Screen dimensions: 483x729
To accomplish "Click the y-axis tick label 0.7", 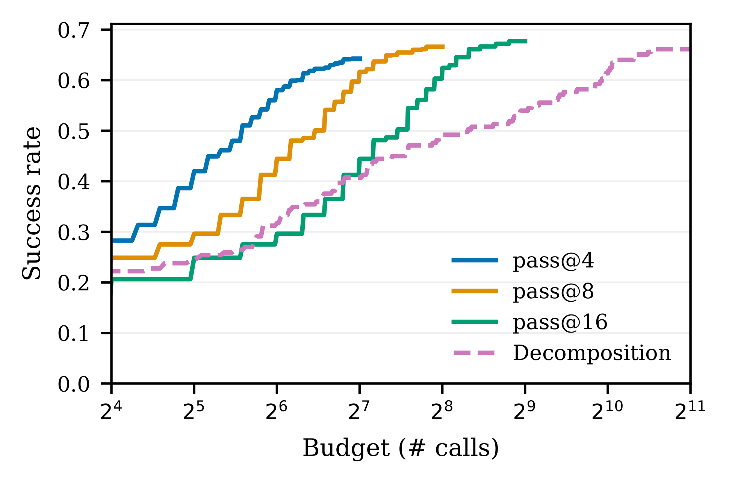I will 74,30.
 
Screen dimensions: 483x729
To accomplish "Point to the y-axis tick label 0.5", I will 74,132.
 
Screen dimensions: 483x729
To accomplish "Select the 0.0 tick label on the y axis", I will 74,384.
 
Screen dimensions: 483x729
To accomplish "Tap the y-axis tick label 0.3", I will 74,232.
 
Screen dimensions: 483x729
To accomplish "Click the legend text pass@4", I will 553,261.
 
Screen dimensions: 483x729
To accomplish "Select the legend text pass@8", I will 553,292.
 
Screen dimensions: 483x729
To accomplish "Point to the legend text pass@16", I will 560,322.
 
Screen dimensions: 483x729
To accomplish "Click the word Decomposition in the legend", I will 592,353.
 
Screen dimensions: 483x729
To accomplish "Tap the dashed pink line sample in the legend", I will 475,353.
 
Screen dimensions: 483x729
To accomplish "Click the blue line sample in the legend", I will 475,260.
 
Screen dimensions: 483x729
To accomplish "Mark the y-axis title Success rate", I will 32,203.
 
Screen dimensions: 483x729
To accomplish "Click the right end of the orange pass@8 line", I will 444,47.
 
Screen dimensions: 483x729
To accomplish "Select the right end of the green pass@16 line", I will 527,41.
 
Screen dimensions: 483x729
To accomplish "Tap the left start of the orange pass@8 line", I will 113,258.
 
